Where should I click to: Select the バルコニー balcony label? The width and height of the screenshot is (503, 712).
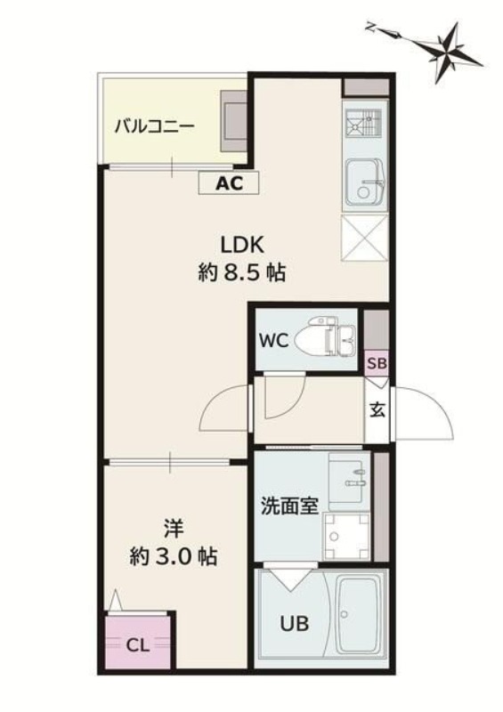tap(154, 125)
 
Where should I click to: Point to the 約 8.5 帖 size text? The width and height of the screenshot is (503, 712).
tap(241, 273)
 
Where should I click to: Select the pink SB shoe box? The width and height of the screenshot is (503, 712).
tap(376, 362)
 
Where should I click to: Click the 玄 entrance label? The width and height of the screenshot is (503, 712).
tap(377, 410)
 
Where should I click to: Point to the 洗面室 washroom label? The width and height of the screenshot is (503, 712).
tap(288, 506)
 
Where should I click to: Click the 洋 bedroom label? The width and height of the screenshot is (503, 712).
tap(174, 529)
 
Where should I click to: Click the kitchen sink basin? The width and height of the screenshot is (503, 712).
tap(363, 179)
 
